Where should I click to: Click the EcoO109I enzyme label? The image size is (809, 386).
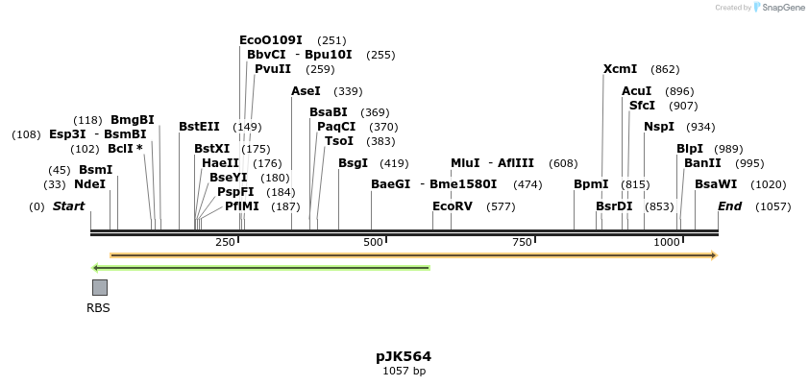coord(270,40)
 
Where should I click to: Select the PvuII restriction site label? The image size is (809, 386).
coord(273,69)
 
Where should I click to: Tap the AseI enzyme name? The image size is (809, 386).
coord(306,91)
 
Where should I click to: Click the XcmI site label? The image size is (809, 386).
coord(620,69)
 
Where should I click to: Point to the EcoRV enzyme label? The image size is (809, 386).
coord(453,206)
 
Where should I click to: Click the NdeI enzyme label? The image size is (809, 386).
coord(89,184)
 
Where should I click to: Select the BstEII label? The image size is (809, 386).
coord(199,127)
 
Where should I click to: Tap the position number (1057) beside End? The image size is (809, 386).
coord(773,206)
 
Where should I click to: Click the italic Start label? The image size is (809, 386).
coord(68,206)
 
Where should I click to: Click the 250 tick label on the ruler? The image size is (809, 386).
coord(226,243)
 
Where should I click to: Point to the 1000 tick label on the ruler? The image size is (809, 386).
coord(666,243)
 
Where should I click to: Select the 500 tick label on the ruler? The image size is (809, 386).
coord(373,243)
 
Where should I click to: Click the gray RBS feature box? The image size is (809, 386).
coord(99,287)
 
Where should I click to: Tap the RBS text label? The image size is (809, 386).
coord(98,308)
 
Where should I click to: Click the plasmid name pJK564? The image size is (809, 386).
coord(404,356)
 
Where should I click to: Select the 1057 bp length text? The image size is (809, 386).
coord(404,371)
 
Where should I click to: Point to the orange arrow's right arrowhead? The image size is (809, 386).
coord(713,255)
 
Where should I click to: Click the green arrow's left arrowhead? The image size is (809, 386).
coord(95,267)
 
